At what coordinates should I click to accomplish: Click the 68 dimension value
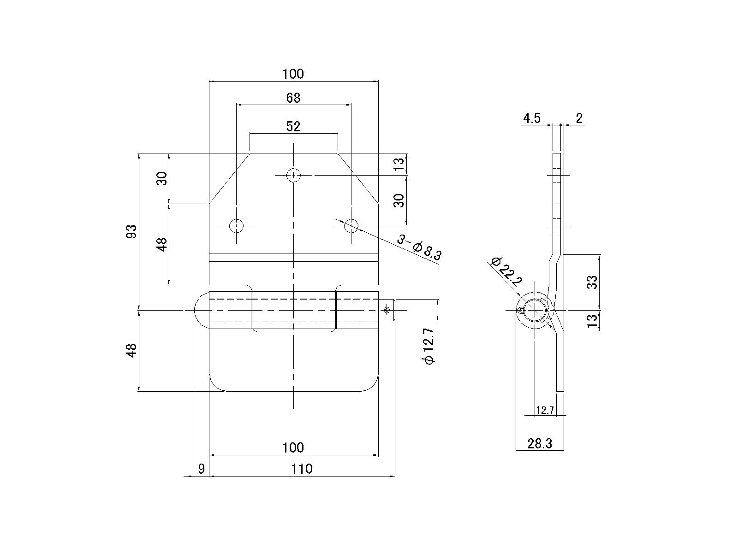coord(293,98)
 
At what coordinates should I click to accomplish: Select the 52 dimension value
coord(293,126)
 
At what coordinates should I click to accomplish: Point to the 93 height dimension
coord(131,231)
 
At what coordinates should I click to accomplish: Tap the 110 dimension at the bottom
coord(302,468)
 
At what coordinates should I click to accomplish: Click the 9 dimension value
coord(202,468)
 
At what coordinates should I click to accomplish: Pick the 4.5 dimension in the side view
coord(531,118)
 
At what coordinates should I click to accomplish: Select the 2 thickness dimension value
coord(579,118)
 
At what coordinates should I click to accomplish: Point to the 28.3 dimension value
coord(540,443)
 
